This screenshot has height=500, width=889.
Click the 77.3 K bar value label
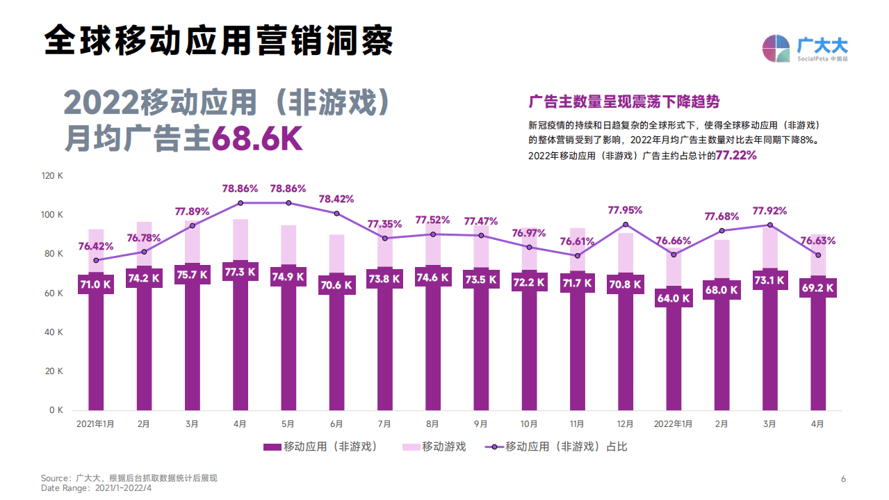[240, 272]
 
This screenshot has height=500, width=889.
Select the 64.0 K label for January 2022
[674, 298]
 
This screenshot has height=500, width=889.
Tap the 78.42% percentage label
[336, 199]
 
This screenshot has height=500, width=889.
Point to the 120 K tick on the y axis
[53, 176]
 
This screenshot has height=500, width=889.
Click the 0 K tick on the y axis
[56, 410]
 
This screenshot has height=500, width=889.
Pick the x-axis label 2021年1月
[95, 424]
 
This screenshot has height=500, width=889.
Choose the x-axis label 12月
[626, 424]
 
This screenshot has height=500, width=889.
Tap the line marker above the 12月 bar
[626, 225]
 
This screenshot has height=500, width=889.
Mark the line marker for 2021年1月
[96, 260]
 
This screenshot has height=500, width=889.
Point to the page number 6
[843, 478]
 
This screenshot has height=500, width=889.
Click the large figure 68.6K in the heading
[256, 139]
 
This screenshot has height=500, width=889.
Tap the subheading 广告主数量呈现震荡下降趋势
[624, 102]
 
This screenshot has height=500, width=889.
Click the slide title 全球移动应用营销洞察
[218, 40]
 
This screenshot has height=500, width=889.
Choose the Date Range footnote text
[96, 488]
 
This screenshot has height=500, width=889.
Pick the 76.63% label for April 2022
[817, 241]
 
